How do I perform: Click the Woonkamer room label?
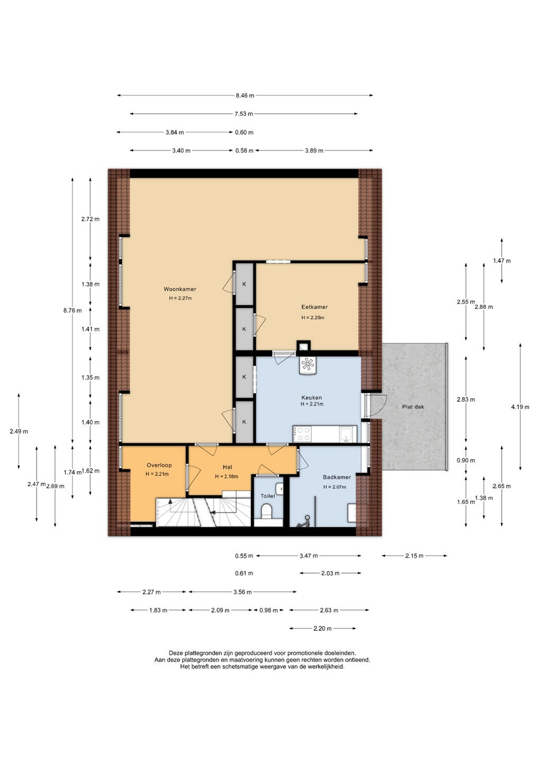179,289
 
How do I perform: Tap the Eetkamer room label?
315,307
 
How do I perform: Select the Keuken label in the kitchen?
311,397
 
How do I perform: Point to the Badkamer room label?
337,477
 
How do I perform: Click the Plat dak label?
413,407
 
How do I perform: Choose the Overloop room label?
159,465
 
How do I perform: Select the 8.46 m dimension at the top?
245,96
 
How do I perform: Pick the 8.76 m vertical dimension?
73,310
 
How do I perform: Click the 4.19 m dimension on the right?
520,407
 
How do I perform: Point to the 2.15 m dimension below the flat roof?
414,556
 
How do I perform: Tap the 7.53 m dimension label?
244,114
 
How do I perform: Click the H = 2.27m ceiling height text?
181,298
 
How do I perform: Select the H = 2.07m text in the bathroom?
335,487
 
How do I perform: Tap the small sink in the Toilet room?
280,489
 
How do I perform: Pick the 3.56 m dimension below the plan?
242,592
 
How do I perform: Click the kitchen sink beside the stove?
346,434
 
